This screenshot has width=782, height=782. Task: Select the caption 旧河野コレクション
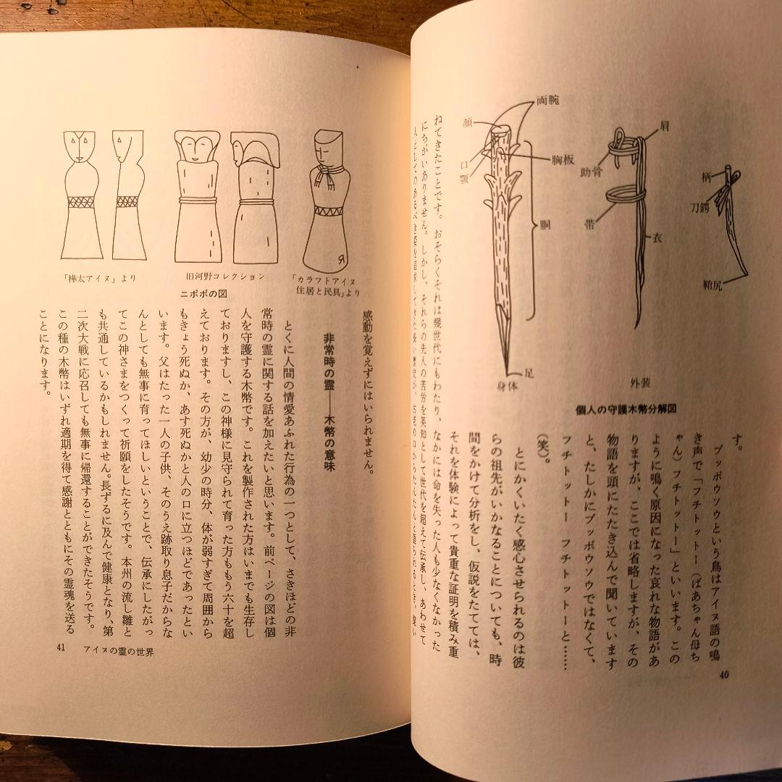pyautogui.click(x=222, y=277)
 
